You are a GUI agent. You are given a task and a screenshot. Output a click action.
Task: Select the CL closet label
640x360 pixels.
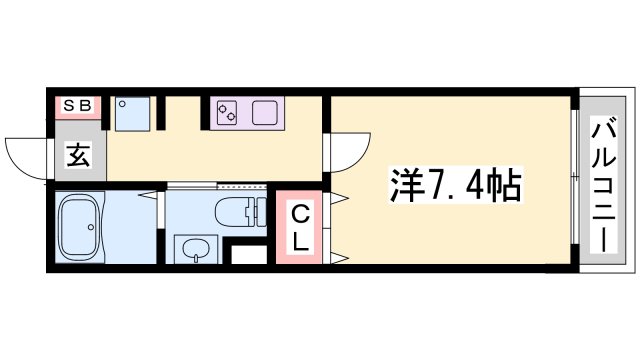[299, 228]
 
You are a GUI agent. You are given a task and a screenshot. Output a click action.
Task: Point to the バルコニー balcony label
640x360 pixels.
[603, 184]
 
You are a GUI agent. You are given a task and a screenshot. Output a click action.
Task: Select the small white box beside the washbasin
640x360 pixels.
[246, 253]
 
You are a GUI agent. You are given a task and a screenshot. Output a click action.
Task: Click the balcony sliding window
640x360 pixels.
[574, 180]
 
